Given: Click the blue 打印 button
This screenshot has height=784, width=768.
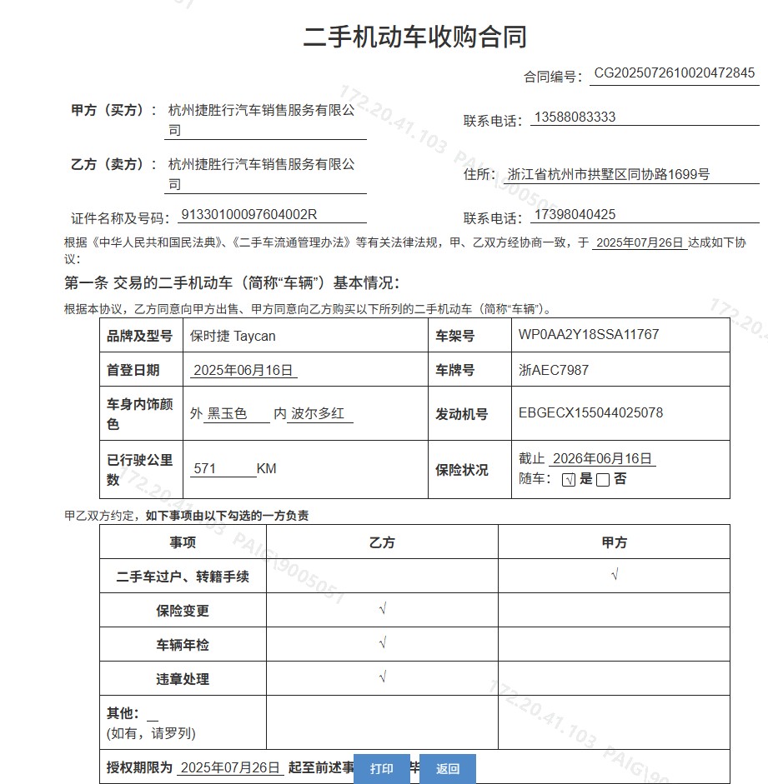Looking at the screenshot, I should pos(382,769).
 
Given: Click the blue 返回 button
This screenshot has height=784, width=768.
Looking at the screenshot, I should pos(448,769).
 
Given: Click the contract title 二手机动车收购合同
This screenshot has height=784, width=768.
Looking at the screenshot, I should pos(414,37).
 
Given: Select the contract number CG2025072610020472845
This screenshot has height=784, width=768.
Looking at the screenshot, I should pos(674,73).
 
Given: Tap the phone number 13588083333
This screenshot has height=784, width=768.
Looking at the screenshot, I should pos(575,117).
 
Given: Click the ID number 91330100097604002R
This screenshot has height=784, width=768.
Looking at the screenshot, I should pos(249,215).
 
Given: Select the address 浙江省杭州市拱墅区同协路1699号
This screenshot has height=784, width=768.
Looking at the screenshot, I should pos(609,175).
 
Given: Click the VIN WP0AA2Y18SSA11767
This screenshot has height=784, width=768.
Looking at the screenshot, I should pos(589,335).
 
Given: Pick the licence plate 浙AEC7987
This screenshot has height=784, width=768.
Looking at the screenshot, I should pos(554,370).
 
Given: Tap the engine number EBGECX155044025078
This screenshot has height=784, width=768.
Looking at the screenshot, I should pos(590,413).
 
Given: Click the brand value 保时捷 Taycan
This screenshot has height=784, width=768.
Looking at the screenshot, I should pos(233,336).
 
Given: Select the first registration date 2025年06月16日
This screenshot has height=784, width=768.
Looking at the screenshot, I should pos(243,371).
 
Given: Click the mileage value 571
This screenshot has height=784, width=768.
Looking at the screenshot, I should pos(205,469).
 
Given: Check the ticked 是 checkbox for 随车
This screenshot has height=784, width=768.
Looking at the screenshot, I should pos(569,480).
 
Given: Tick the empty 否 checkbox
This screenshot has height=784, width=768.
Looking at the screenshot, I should pos(603,480).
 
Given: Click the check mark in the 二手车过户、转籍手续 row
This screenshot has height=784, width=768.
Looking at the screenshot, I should pos(615,575).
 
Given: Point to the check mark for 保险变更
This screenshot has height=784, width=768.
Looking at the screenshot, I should pos(382,609).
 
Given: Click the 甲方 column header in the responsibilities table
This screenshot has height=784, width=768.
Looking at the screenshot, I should pos(615,542).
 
